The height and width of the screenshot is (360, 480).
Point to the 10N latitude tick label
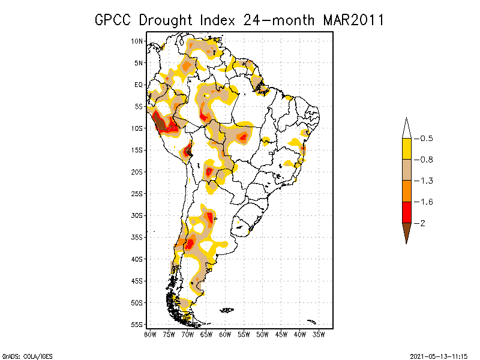point(137,41)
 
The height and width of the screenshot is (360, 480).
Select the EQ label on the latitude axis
point(139,85)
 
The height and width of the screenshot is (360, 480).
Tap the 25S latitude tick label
point(137,193)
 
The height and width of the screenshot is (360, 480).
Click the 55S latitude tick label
point(137,324)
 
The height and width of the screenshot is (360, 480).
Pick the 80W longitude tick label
point(150,334)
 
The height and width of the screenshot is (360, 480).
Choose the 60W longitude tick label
point(225,334)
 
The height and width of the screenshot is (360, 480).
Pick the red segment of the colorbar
point(406,212)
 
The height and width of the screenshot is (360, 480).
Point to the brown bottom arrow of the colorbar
point(406,231)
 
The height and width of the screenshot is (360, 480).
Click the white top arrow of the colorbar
point(406,128)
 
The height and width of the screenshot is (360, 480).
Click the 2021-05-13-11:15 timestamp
point(439,355)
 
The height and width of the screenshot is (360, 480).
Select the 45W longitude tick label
point(281,334)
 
